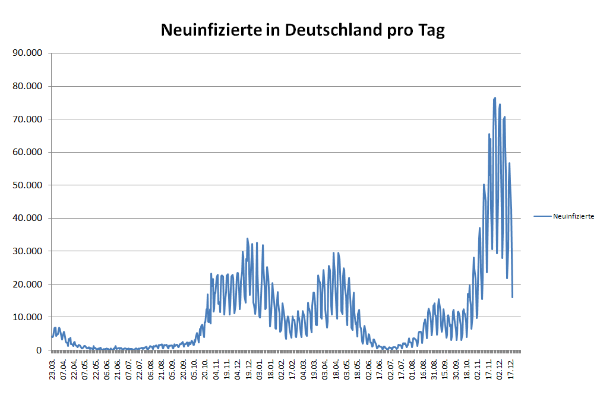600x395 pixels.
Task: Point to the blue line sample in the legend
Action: click(x=542, y=217)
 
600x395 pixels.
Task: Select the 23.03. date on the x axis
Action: click(x=53, y=368)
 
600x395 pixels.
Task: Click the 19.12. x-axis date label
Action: click(x=249, y=368)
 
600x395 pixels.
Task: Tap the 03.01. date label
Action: click(x=260, y=368)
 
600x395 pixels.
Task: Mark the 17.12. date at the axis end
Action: click(x=510, y=368)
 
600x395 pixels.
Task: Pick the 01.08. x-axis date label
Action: click(x=412, y=368)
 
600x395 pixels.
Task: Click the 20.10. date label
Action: click(x=206, y=368)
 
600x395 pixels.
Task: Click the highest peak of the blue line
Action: click(x=495, y=97)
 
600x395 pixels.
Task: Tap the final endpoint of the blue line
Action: click(x=512, y=297)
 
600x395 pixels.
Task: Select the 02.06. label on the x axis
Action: click(x=369, y=368)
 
